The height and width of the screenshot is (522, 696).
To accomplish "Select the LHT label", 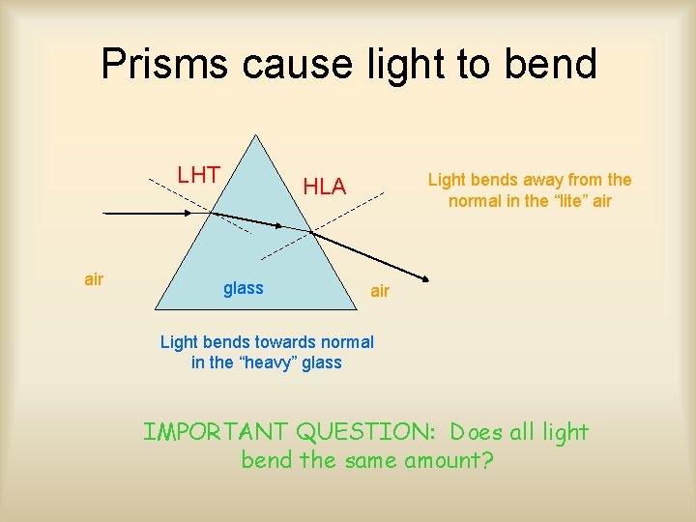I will click(x=198, y=175).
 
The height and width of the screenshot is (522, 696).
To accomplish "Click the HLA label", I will click(x=325, y=187).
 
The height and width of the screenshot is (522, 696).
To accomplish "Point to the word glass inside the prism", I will click(x=243, y=288).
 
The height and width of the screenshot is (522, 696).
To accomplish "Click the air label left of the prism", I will click(x=94, y=279).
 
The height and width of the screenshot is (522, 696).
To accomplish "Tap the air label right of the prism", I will click(x=380, y=291).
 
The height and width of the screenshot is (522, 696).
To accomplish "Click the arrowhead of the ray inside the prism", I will click(x=278, y=225).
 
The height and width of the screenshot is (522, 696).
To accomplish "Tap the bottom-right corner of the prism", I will click(x=355, y=308).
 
